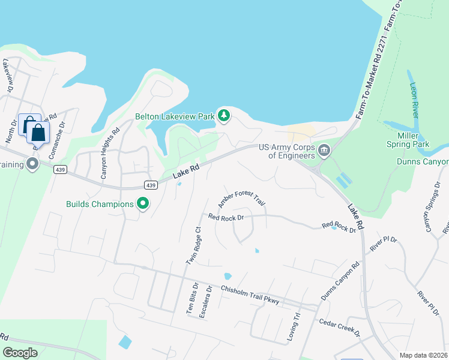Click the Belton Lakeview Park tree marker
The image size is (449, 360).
224,115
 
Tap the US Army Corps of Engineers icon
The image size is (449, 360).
324,151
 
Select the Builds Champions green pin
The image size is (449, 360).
143,204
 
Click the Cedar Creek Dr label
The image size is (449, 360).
339,327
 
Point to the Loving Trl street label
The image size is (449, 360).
294,326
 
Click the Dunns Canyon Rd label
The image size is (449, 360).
340,280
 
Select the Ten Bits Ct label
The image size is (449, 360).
191,300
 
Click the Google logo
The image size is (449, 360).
20,352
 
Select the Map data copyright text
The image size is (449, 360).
424,355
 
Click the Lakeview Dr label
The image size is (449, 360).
8,74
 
